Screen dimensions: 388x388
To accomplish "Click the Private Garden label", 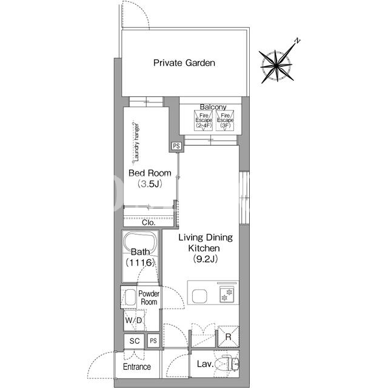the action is (184, 63).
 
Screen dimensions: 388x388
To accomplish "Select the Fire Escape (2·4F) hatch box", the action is (204, 121).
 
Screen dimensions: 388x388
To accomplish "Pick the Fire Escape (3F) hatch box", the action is (225, 121).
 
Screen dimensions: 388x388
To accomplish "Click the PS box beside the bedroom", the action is (176, 146).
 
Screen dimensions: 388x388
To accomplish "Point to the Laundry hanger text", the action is (136, 142).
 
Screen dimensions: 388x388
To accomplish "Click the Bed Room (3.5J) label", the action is (150, 178).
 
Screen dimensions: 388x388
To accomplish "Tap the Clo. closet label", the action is (149, 222).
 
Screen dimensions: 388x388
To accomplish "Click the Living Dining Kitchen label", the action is (206, 248).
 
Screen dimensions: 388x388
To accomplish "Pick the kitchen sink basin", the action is (199, 296).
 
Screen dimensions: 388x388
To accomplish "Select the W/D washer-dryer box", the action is (134, 320).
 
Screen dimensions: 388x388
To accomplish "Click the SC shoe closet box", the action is (134, 341).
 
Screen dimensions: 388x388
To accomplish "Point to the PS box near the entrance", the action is (153, 341).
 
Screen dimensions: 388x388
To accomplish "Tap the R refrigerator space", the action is (228, 336).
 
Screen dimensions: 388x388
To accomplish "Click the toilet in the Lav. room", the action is (227, 364).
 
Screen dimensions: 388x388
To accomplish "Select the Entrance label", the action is (137, 366).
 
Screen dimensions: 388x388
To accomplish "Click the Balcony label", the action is (213, 107).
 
